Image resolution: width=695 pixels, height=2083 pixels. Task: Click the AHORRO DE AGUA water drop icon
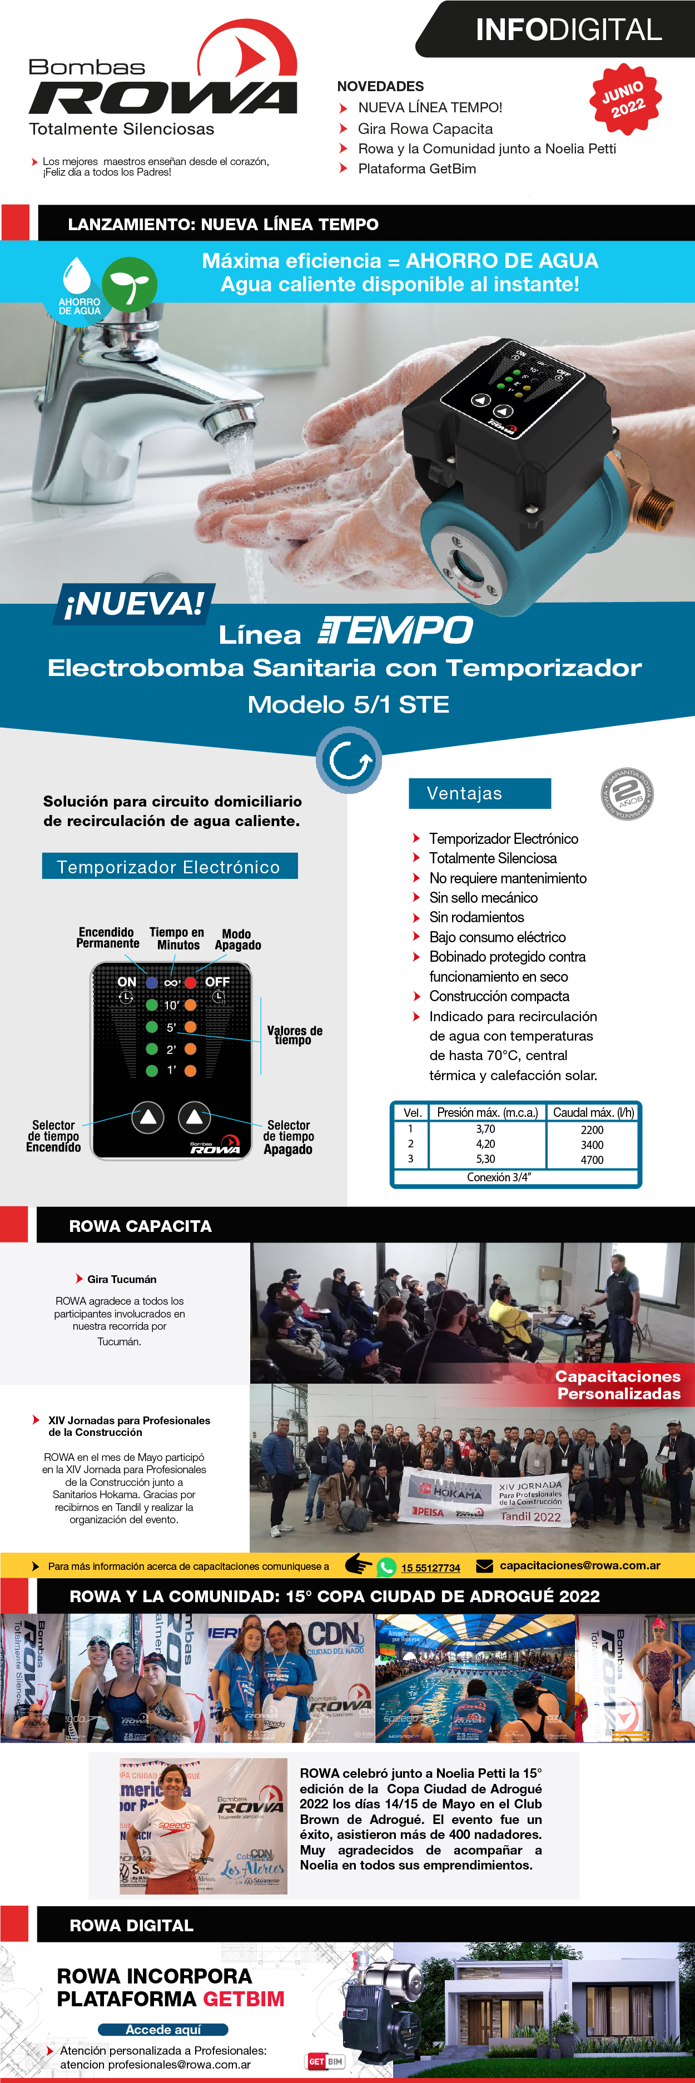click(x=78, y=277)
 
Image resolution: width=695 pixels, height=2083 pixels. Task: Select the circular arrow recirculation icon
click(x=349, y=759)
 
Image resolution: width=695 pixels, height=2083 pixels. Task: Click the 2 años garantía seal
click(x=627, y=793)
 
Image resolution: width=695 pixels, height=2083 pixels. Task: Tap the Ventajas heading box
click(x=479, y=793)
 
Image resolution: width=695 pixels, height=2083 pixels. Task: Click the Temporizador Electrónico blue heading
click(x=169, y=866)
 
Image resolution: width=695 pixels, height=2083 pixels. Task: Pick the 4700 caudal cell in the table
click(x=592, y=1160)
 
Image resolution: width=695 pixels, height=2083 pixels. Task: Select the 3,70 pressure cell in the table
click(x=485, y=1129)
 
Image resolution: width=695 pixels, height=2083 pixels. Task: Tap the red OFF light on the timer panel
click(x=191, y=982)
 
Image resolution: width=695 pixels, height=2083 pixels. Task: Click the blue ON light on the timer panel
click(x=151, y=982)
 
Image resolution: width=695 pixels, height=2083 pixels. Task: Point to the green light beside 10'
click(x=151, y=1005)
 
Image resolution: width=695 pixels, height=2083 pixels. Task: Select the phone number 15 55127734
click(x=430, y=1568)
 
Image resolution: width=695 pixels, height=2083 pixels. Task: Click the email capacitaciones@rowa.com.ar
click(x=579, y=1565)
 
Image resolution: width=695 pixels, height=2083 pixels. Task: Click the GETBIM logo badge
click(x=325, y=2061)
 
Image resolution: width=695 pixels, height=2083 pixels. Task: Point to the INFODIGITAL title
click(x=568, y=30)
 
